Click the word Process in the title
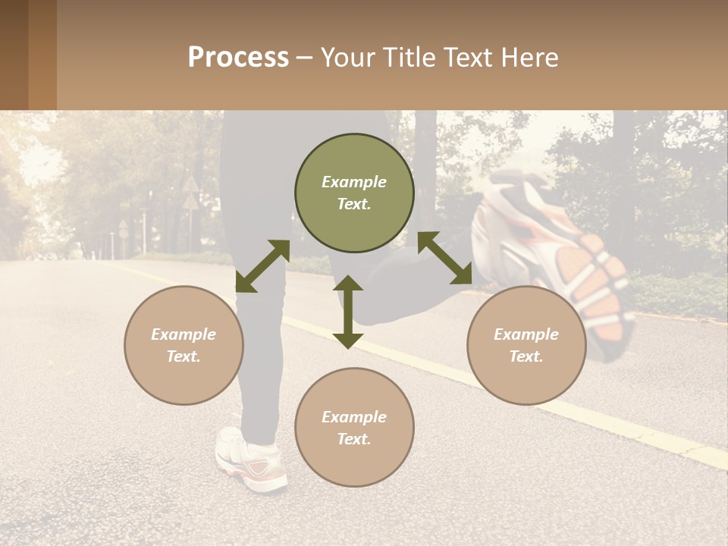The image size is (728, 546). pos(238,58)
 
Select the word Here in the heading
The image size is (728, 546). pos(530,58)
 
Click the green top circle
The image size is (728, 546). pos(354,193)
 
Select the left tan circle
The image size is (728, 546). pos(184,345)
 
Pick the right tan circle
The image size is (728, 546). pos(526,345)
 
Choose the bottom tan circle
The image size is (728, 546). pos(354,428)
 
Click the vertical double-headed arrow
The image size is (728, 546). pos(348,312)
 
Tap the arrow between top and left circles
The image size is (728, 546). pos(262,266)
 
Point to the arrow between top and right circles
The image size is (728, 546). pos(445,258)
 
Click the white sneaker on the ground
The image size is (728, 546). pos(250,459)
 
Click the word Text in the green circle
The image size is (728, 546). pos(354,204)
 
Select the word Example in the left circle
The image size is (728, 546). pos(184,334)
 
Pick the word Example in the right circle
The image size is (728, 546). pos(526,334)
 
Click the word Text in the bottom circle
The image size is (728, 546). pos(354,439)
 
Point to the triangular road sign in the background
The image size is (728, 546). pos(190,184)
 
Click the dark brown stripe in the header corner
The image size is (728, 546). pos(14,55)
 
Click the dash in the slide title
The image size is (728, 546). pos(304,58)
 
